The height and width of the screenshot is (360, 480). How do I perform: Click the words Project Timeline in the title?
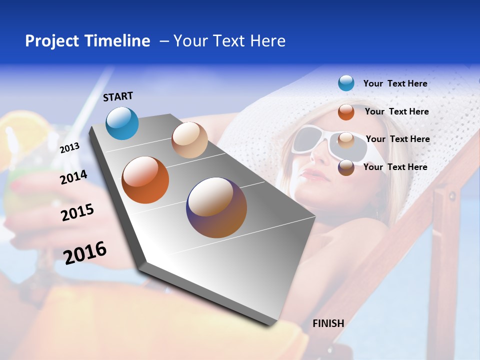[87, 41]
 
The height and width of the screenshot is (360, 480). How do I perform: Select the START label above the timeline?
[118, 96]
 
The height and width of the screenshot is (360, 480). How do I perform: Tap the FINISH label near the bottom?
[328, 323]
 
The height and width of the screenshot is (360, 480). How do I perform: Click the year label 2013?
[70, 148]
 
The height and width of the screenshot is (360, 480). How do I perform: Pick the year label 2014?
[73, 177]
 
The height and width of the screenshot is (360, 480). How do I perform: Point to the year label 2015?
[77, 212]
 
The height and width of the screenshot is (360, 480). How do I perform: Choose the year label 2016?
[85, 252]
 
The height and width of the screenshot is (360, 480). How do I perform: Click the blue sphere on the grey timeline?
[122, 123]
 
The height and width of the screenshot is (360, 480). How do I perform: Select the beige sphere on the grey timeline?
[189, 140]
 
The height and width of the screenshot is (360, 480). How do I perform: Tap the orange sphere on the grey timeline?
[145, 180]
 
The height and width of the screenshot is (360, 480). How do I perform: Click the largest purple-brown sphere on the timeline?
[216, 207]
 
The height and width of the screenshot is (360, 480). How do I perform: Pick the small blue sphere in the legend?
[346, 83]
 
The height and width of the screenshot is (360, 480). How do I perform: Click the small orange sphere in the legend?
[346, 112]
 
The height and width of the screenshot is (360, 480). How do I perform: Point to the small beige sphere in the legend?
[346, 140]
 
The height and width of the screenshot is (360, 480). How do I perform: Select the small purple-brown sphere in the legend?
[346, 167]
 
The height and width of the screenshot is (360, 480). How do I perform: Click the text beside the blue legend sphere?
[395, 83]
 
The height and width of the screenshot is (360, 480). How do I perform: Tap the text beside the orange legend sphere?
[396, 111]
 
